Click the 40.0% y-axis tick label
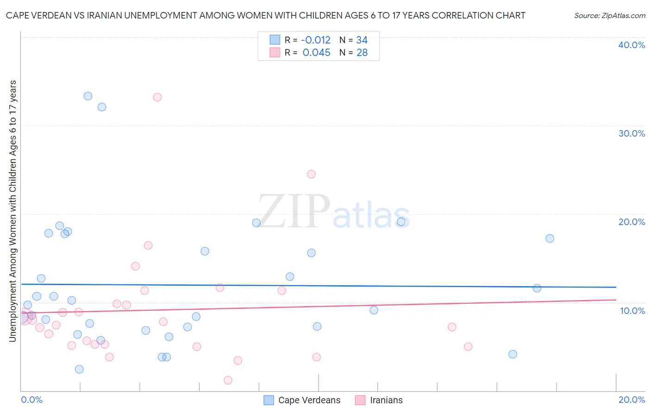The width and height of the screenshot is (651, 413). (632, 45)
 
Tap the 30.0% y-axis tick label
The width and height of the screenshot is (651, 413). (632, 133)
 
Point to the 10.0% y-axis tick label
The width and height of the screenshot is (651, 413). (632, 311)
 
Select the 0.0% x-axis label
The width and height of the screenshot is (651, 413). (31, 400)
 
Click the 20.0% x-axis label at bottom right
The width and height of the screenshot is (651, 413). (632, 400)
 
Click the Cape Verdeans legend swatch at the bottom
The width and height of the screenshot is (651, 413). (269, 400)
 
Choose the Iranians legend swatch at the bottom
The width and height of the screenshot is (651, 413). (360, 400)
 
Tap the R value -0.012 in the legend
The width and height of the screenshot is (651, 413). (316, 40)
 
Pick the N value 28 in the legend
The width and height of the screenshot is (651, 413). (362, 53)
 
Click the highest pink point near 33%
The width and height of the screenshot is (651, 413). (157, 97)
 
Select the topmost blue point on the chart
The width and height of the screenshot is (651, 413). (88, 96)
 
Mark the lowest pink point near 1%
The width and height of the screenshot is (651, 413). (228, 380)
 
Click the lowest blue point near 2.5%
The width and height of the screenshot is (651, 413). (79, 369)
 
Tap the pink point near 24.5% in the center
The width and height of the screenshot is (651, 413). (311, 174)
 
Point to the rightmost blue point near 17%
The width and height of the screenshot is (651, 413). (550, 238)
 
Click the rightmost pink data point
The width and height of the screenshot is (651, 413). (468, 347)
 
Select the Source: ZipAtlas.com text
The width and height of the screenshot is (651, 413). (609, 16)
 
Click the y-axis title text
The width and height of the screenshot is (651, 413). (13, 211)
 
